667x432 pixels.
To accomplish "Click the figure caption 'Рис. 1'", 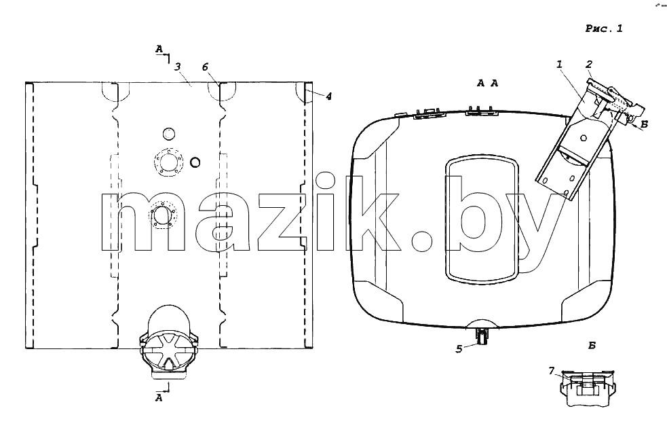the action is point(604,29).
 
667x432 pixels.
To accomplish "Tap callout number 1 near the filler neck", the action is point(559,65).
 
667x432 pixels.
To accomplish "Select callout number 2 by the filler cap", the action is point(589,65).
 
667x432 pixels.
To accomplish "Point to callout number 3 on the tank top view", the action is point(177,67).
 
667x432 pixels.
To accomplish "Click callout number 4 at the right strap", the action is point(328,96).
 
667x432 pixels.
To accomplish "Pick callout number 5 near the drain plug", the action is point(459,349).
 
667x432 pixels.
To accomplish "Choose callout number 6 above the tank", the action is point(206,67).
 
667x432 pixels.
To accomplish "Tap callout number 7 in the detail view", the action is point(551,371).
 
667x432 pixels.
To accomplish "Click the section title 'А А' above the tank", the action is point(487,83).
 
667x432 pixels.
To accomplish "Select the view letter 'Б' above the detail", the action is point(592,346).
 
